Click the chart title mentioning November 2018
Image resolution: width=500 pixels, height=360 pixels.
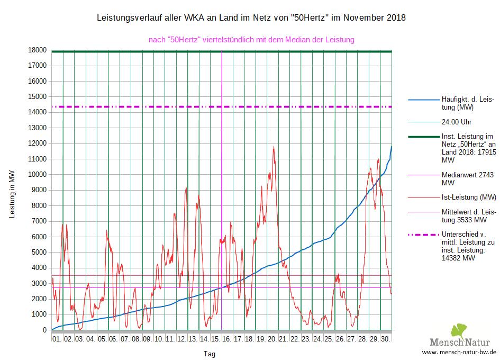pos(251,18)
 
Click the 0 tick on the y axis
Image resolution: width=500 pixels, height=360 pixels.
pos(45,330)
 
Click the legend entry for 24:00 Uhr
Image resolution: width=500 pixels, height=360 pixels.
pos(456,121)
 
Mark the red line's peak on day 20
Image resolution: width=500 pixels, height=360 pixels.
pos(274,147)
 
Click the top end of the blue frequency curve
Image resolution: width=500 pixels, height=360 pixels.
pos(392,147)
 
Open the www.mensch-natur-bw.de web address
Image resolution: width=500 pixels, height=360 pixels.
pos(459,352)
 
